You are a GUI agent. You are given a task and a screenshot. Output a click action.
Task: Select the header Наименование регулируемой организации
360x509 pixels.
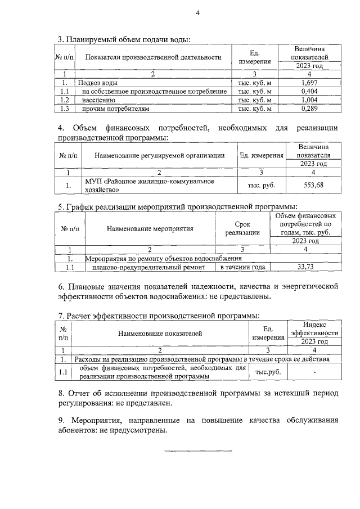tap(159, 155)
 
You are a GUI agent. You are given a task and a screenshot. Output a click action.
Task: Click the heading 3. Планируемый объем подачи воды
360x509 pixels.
tap(124, 39)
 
